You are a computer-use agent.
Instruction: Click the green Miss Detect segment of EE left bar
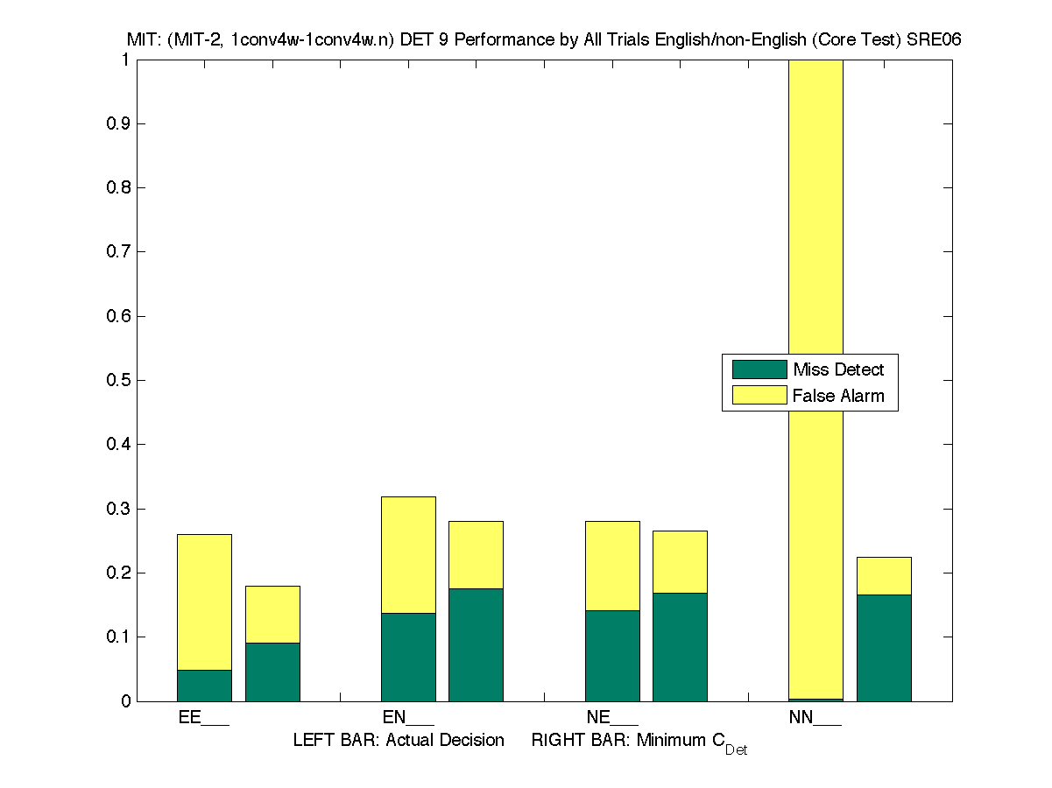click(205, 686)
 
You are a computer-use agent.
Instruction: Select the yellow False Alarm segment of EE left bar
click(205, 602)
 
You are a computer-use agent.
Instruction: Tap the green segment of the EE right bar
click(272, 672)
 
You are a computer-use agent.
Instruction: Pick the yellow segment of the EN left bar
click(408, 554)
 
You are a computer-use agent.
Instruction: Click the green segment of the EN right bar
click(476, 644)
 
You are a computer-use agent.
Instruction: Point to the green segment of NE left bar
click(612, 655)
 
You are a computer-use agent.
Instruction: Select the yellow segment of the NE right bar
click(680, 561)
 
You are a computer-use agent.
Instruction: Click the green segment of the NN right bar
click(884, 648)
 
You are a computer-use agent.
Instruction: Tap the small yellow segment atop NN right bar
click(884, 575)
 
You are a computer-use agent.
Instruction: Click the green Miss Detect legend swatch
click(759, 369)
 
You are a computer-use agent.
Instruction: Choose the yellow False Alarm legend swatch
click(759, 396)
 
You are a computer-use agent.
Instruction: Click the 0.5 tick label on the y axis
click(118, 380)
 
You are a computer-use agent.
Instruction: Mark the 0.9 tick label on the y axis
click(118, 123)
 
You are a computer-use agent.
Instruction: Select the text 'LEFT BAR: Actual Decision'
click(399, 741)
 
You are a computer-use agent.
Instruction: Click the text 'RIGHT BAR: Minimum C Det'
click(639, 742)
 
